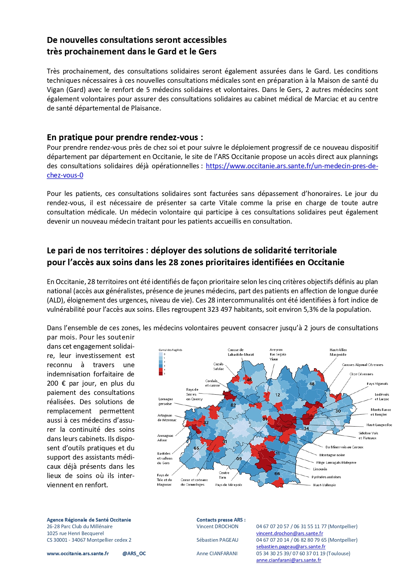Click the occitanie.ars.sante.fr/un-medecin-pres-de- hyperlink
click(292, 166)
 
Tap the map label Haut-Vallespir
click(324, 485)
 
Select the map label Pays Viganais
click(377, 384)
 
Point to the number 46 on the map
click(249, 380)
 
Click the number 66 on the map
click(277, 473)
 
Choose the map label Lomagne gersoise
click(165, 401)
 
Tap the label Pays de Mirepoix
click(229, 485)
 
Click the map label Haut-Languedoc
click(379, 425)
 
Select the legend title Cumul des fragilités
click(170, 350)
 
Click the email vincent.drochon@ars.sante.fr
click(290, 533)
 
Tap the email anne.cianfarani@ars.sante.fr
click(289, 560)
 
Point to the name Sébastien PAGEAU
click(217, 540)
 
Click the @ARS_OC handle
click(134, 553)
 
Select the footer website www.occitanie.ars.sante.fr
click(78, 553)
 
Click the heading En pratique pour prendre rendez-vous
click(125, 137)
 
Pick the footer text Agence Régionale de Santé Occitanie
click(89, 520)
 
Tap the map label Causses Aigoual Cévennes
click(362, 365)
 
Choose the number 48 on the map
click(312, 384)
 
